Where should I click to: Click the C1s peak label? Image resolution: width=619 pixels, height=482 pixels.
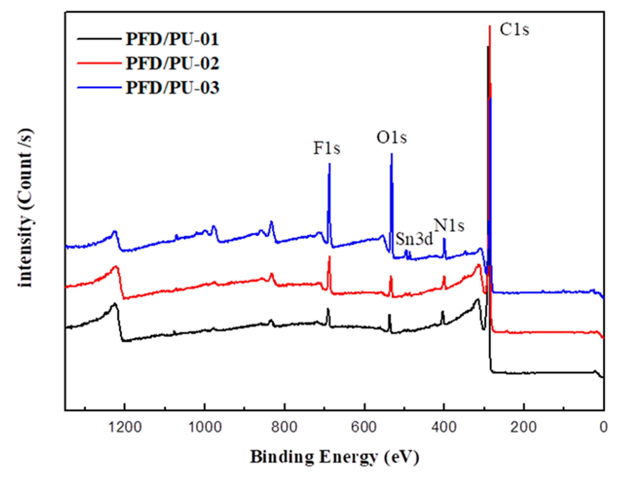pyautogui.click(x=514, y=30)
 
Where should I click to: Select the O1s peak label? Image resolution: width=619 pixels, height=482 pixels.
pyautogui.click(x=392, y=138)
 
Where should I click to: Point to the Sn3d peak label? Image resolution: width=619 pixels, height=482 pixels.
pyautogui.click(x=414, y=239)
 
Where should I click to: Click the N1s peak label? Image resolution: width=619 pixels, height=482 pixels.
pyautogui.click(x=450, y=226)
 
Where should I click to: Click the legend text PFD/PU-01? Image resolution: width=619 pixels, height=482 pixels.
pyautogui.click(x=172, y=39)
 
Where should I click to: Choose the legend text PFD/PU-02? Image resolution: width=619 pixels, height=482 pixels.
pyautogui.click(x=172, y=63)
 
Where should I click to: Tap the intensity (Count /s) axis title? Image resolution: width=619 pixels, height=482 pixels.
pyautogui.click(x=26, y=208)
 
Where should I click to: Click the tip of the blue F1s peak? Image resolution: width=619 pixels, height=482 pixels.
pyautogui.click(x=329, y=164)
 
